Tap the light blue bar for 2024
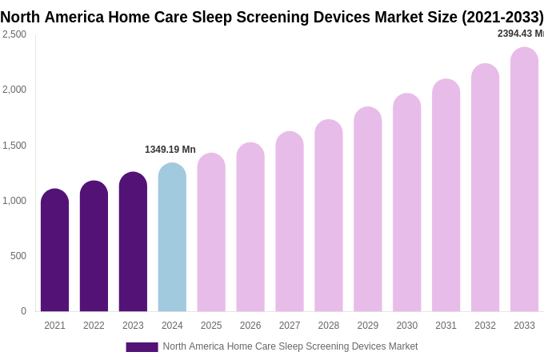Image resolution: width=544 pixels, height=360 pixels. (x=172, y=238)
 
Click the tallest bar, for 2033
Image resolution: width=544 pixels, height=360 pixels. (x=524, y=179)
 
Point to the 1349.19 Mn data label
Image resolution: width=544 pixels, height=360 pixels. (x=170, y=150)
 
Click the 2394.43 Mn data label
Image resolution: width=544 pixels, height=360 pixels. (x=520, y=34)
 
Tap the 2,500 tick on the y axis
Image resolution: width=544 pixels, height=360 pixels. (x=14, y=34)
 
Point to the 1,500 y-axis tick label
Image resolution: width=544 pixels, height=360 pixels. (x=14, y=146)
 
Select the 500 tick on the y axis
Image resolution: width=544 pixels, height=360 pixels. (x=18, y=256)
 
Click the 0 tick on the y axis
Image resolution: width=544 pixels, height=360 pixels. (x=23, y=311)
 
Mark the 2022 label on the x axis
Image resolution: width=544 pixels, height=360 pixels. (x=94, y=326)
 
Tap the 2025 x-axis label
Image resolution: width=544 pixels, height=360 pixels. (x=211, y=326)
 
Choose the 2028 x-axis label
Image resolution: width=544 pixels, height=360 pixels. (x=329, y=326)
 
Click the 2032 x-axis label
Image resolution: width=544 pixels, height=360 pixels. (x=485, y=326)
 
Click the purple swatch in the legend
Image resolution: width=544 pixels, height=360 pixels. (x=142, y=347)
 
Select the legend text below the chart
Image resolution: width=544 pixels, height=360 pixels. (x=290, y=346)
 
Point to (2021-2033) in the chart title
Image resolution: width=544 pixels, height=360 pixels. (x=502, y=17)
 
